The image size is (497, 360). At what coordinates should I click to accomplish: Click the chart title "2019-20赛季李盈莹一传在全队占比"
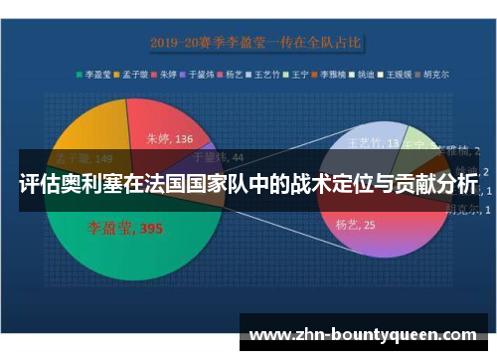[254, 43]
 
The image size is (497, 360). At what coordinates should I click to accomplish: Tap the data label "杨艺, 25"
[355, 225]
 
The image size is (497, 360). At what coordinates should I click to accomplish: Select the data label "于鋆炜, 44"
[217, 156]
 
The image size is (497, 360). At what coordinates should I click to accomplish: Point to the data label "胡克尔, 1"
[463, 209]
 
